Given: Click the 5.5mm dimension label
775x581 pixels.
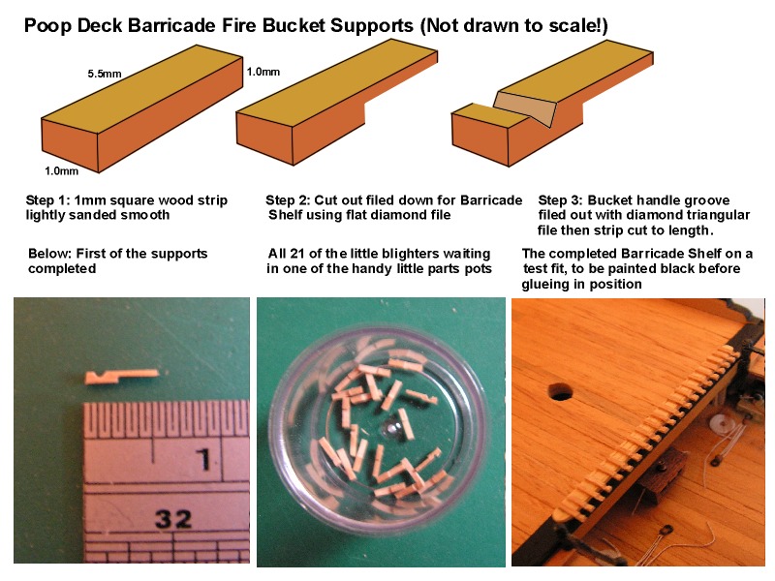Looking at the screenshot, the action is (105, 74).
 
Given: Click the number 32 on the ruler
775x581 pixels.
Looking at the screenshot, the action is (173, 519).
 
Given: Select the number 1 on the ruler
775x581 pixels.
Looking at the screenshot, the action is (204, 459).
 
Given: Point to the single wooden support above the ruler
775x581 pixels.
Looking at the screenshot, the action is (122, 377).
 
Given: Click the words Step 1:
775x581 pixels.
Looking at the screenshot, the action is (47, 200).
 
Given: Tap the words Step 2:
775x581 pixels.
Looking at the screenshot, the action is (288, 200).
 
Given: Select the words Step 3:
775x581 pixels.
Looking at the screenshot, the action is (561, 200).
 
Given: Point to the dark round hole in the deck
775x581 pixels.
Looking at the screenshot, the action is (561, 391).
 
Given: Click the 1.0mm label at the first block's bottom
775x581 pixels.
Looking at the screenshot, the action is (61, 171).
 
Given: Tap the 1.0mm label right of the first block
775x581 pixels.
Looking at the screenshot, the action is (263, 72).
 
